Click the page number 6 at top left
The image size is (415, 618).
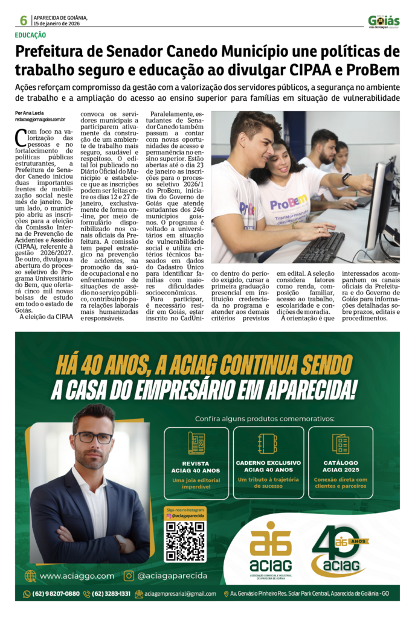[x=23, y=21]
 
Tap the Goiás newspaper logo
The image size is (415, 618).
[x=384, y=22]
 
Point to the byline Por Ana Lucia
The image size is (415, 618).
[x=30, y=113]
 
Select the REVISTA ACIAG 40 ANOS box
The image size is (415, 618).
[x=196, y=462]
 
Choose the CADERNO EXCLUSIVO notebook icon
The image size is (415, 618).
[x=266, y=444]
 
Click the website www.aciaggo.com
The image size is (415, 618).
[x=77, y=576]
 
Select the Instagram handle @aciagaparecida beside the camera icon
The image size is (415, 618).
[x=173, y=576]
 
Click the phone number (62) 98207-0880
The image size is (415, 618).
[x=56, y=594]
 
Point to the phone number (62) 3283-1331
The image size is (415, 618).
[x=111, y=594]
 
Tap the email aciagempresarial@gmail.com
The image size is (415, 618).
[x=179, y=594]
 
